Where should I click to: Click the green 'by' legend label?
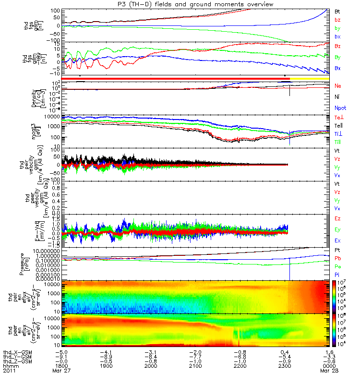(337, 28)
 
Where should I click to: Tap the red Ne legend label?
(338, 85)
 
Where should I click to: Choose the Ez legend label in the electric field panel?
(338, 218)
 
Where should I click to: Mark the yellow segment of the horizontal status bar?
(309, 78)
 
